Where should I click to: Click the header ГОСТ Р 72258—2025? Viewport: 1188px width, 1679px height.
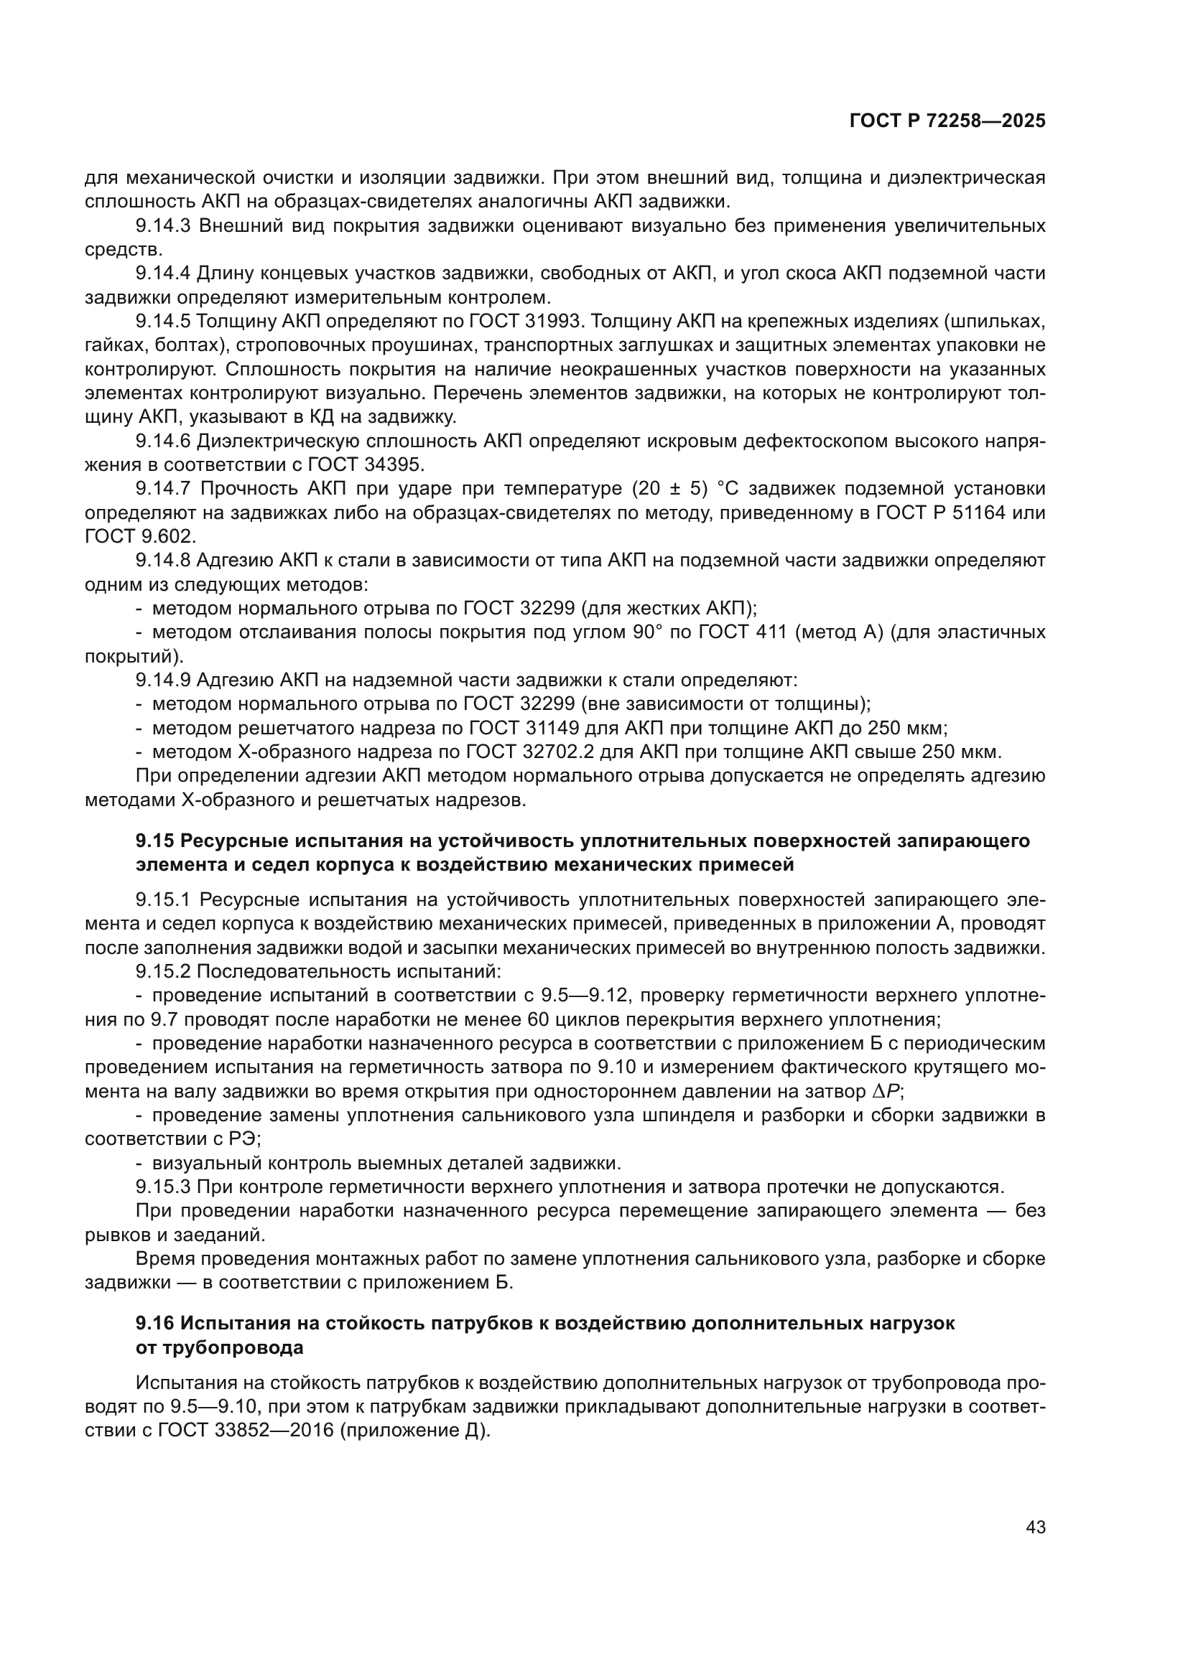coord(947,121)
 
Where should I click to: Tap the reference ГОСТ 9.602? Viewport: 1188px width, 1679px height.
coord(140,537)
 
